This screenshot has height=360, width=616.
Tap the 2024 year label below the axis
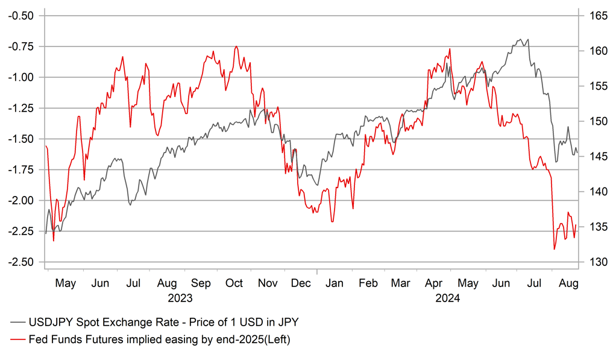point(447,298)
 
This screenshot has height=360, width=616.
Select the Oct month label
point(234,283)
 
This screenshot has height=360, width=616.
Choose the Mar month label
point(400,283)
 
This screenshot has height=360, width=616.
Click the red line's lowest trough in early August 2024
point(554,249)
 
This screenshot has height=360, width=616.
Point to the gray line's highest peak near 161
point(520,39)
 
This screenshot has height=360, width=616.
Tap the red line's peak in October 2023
point(236,46)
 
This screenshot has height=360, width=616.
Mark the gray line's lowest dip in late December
point(318,185)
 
